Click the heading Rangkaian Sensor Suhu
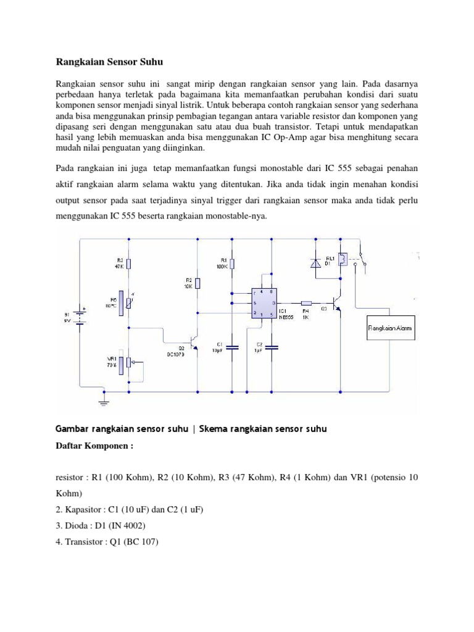click(x=109, y=62)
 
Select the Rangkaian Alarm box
click(x=390, y=328)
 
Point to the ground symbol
click(x=104, y=402)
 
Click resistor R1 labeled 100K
click(x=231, y=264)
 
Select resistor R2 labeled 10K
click(x=197, y=283)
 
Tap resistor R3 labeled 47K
click(x=128, y=264)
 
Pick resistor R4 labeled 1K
click(x=307, y=303)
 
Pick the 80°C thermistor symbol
click(x=127, y=301)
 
